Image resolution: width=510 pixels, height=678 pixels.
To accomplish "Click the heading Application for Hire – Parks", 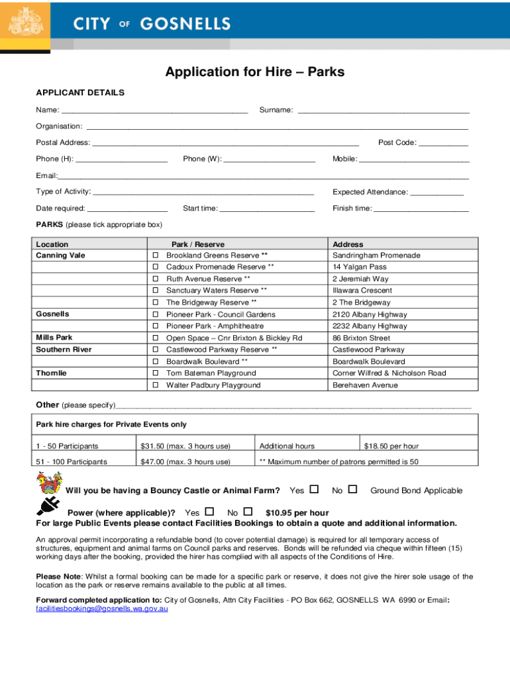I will coord(255,72).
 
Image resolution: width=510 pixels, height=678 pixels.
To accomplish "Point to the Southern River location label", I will coord(64,350).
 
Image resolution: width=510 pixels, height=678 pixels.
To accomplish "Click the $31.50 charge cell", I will coord(185,446).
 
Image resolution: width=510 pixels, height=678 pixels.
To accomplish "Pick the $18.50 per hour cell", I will coord(391,446).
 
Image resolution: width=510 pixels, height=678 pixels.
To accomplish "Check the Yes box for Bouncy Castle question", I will coord(314,489).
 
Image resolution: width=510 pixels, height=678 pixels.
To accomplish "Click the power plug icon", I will coord(48,507).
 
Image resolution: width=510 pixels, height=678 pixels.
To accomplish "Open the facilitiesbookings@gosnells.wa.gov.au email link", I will coord(101,608).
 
